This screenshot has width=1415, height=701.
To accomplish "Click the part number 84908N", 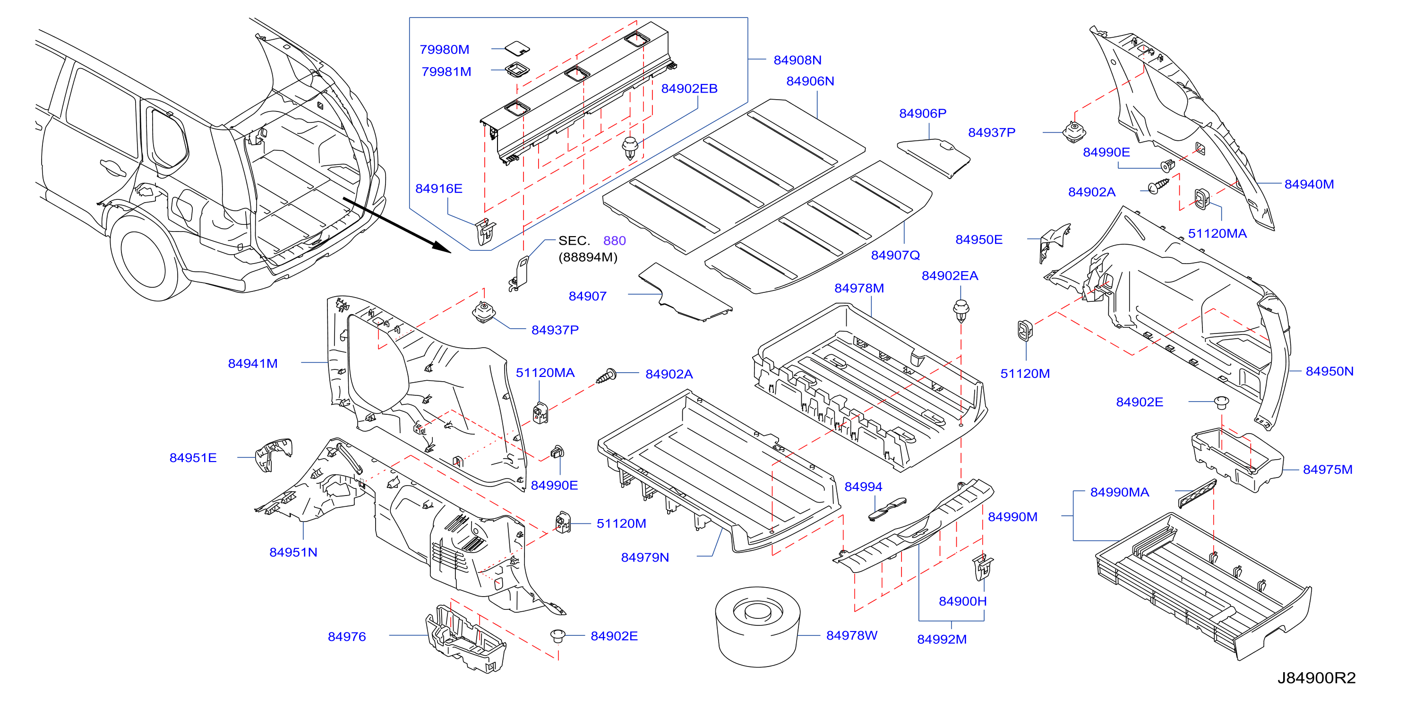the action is coord(797,60).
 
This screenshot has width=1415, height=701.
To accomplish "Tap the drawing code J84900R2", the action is coord(1316,678).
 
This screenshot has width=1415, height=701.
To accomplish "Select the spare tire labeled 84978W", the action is coord(757,626).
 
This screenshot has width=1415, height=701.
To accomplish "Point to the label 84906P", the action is coord(922,113).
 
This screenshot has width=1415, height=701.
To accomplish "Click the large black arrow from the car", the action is coord(396,225).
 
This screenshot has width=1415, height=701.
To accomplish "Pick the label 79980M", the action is coord(445,50).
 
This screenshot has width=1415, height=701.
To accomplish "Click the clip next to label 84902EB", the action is coord(630,147).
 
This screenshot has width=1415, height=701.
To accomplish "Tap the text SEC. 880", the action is coord(592,240).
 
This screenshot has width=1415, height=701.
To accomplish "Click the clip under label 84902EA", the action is coord(960,311).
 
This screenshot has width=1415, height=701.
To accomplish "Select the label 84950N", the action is coord(1329,371).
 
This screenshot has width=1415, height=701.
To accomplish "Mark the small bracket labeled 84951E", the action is coord(273,454).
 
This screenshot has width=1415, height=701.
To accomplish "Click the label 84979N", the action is coord(645,557).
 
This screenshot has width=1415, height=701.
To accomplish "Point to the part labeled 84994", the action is coord(887,509).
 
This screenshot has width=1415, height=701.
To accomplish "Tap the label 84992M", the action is coord(942,640).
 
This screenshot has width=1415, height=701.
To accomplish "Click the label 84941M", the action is coord(253,364).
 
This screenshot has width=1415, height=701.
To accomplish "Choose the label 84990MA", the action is coord(1119,492).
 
